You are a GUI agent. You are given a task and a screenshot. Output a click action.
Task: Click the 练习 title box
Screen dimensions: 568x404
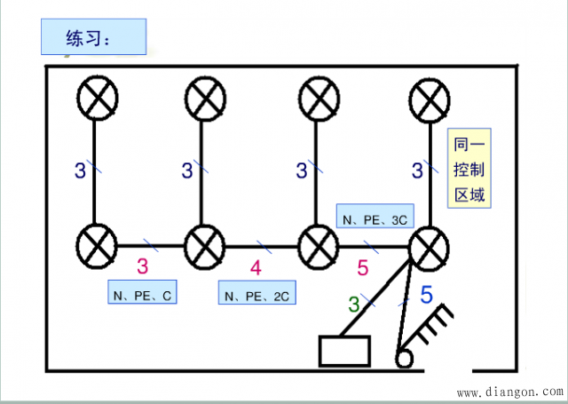pos(92,39)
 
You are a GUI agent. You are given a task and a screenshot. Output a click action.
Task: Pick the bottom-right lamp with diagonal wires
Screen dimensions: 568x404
pos(431,243)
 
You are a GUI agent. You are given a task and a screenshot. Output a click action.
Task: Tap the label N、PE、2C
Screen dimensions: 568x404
pos(255,294)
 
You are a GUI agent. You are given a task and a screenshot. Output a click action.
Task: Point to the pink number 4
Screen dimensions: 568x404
pos(256,266)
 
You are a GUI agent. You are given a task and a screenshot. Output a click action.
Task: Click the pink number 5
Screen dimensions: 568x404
pos(362,266)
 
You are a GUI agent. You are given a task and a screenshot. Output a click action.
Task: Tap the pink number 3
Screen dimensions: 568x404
pos(142,265)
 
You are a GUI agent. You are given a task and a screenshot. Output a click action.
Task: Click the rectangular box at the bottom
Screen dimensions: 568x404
pos(343,351)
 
